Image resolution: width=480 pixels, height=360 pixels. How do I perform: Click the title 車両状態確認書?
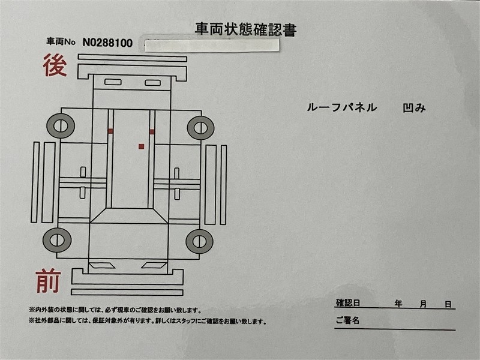pos(246,29)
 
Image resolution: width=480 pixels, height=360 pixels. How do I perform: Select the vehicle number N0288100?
pos(107,43)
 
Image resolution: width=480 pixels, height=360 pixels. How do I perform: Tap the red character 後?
pos(55,65)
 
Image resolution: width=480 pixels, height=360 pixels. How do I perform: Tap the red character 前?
pos(49,281)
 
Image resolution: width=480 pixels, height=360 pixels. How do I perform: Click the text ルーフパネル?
pos(341,107)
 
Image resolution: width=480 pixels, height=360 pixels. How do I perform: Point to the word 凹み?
pos(414,108)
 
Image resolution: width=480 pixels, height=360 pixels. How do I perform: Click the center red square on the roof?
pos(141,146)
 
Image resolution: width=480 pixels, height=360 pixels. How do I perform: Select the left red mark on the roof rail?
pos(110,131)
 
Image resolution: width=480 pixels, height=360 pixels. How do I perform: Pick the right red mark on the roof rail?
pos(152,132)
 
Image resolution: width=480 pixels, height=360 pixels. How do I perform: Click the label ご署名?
pos(347,320)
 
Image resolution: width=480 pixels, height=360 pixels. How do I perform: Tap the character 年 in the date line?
pos(398,304)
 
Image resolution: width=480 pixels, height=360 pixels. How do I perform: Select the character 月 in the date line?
pos(423,304)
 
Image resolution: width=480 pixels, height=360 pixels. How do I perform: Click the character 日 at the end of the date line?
pos(448,304)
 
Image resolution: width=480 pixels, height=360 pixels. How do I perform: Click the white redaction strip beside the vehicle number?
pos(212,46)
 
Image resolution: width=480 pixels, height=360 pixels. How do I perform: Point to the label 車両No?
pos(61,41)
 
